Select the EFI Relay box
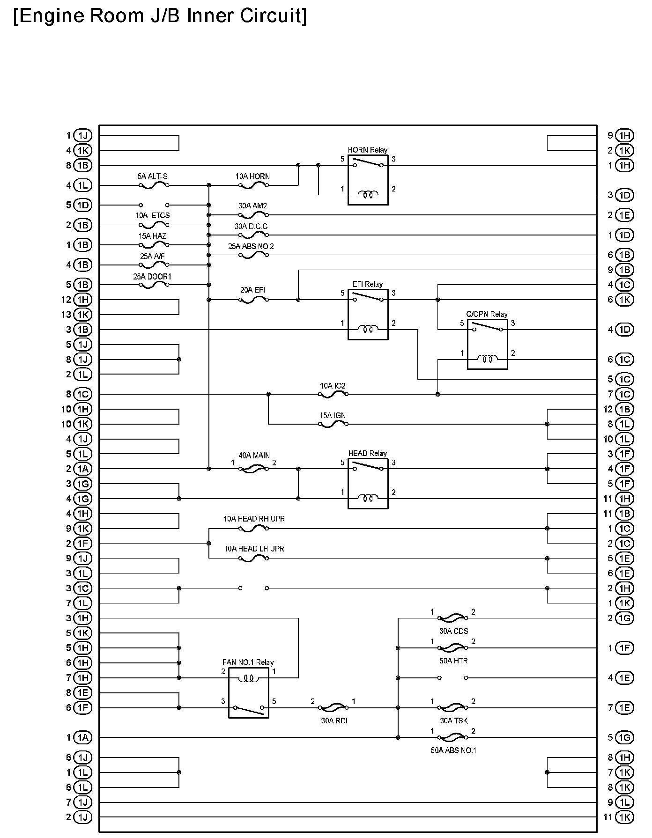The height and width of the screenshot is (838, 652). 368,314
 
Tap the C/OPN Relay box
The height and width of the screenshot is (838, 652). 487,344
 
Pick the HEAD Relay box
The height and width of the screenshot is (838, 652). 368,484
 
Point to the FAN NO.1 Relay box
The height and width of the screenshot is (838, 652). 248,693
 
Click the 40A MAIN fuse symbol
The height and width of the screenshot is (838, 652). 253,469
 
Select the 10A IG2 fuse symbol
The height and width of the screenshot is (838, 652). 333,395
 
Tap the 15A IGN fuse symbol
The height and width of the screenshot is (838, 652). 333,424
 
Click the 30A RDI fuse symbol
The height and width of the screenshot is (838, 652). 333,707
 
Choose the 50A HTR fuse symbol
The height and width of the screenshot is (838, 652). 453,648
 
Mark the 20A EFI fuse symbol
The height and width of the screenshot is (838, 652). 253,300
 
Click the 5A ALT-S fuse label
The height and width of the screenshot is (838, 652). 152,176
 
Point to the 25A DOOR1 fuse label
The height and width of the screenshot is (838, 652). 152,277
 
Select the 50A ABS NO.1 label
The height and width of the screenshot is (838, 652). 453,750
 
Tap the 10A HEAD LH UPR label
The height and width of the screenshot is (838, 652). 254,549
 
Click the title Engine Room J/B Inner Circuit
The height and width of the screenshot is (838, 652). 160,16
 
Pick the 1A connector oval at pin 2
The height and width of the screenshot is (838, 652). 83,469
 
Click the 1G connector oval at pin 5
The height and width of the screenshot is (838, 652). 624,737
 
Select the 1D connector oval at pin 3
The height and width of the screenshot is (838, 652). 624,195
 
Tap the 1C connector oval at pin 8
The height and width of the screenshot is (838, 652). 83,394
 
